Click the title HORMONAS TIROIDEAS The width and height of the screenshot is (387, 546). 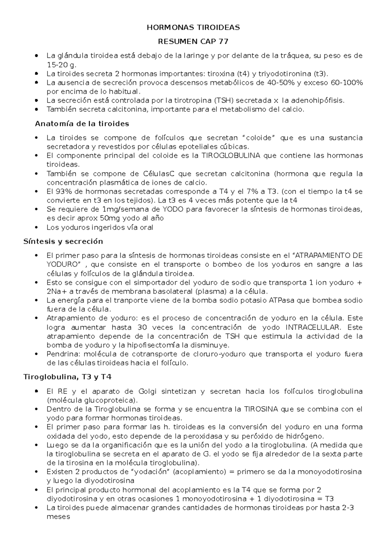[x=193, y=28]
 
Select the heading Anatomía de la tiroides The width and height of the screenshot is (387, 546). [x=82, y=124]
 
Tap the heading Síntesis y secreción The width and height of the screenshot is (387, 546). [x=63, y=241]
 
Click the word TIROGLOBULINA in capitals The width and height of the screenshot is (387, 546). [x=231, y=156]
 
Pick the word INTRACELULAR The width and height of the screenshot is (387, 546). [x=313, y=327]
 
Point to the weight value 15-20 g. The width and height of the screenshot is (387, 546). [x=62, y=65]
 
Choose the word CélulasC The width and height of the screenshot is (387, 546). [x=159, y=174]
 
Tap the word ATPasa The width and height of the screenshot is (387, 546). [x=281, y=300]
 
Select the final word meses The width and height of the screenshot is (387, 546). [x=58, y=517]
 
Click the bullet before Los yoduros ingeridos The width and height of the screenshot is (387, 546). [x=38, y=227]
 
